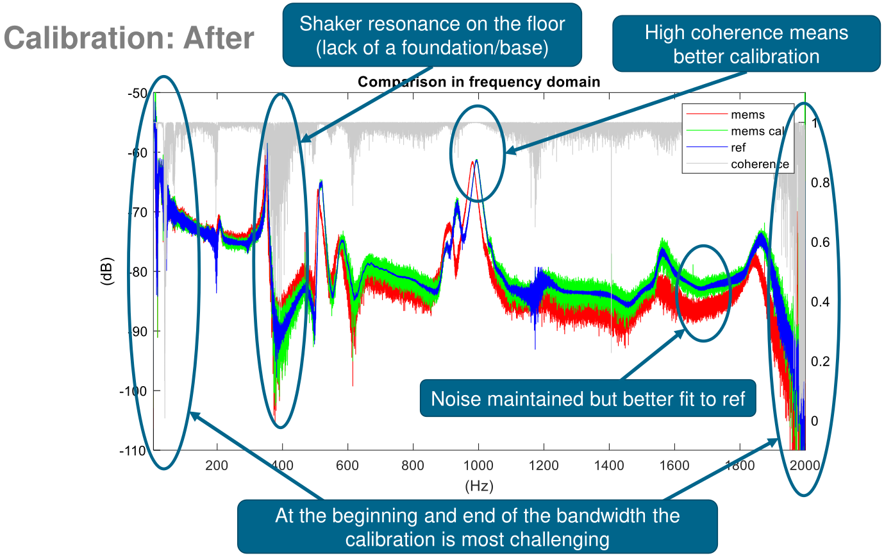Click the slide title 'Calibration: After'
tap(129, 38)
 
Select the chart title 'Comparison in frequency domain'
tap(479, 82)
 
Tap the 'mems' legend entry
tap(747, 115)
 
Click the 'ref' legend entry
tap(738, 148)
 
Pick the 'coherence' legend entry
tap(760, 164)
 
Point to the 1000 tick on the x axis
tap(479, 466)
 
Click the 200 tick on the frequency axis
tap(217, 466)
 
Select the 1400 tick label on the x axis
tap(609, 466)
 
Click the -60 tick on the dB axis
tap(136, 153)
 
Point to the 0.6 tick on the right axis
tap(820, 242)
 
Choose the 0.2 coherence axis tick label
tap(820, 362)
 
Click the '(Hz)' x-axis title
tap(479, 486)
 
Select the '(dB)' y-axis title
tap(107, 271)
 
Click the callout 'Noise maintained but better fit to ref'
tap(588, 399)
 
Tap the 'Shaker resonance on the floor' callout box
tap(432, 35)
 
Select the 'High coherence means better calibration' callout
tap(746, 44)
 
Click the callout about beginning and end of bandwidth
tap(477, 527)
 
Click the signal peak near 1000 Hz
tap(476, 160)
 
